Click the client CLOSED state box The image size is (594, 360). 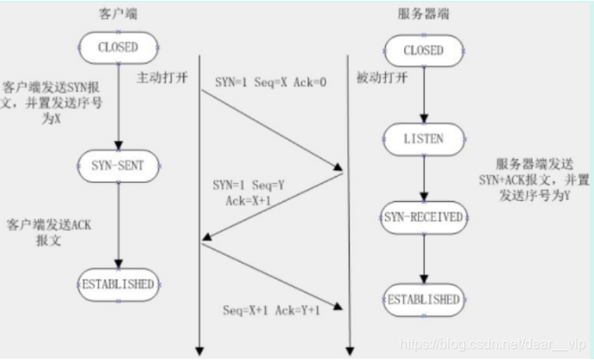click(117, 47)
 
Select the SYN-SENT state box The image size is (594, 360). click(117, 164)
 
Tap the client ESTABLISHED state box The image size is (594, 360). click(117, 283)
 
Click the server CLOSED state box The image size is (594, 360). click(425, 51)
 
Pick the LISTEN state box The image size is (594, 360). click(424, 139)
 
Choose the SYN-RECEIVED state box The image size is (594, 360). click(424, 215)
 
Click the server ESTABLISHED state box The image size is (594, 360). click(424, 300)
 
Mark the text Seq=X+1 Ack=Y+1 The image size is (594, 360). click(270, 309)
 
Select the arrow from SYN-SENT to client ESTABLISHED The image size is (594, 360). click(117, 224)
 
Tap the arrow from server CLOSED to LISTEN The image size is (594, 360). click(424, 95)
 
